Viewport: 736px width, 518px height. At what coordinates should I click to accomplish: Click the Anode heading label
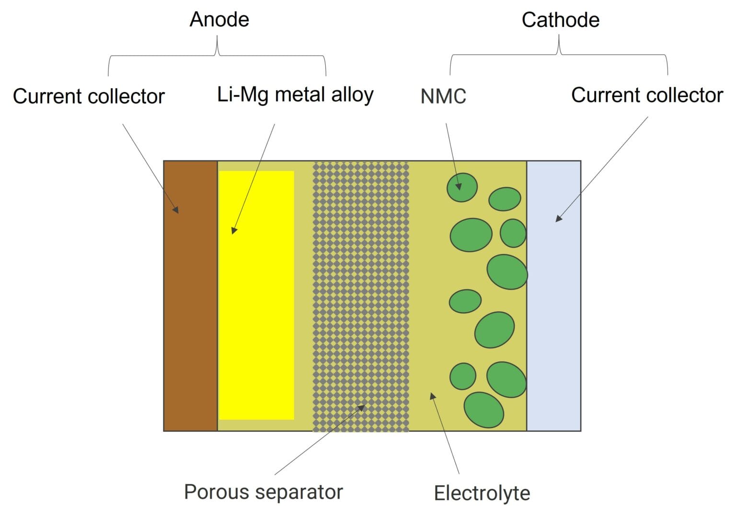click(x=219, y=20)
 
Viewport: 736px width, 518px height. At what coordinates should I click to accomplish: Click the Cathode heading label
click(x=560, y=20)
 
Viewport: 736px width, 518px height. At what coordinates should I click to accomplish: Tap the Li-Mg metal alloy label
click(x=295, y=95)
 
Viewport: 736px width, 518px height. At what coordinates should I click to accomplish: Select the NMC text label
click(x=443, y=96)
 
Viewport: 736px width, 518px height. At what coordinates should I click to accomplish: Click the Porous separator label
click(x=264, y=492)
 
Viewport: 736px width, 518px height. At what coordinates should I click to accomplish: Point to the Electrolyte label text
click(x=482, y=493)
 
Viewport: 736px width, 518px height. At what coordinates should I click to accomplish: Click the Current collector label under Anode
click(x=89, y=96)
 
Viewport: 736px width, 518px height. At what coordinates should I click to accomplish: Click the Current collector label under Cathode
click(x=647, y=95)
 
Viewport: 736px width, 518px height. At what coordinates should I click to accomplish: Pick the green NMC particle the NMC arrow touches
click(x=462, y=187)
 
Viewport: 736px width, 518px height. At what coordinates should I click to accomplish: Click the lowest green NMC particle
click(x=483, y=410)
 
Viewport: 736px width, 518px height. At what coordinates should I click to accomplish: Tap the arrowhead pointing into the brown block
click(x=176, y=210)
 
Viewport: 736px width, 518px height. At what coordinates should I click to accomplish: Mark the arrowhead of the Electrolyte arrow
click(x=432, y=395)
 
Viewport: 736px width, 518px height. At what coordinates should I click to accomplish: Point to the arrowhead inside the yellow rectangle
click(x=233, y=230)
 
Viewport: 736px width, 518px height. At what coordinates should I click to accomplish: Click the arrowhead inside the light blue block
click(x=558, y=218)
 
